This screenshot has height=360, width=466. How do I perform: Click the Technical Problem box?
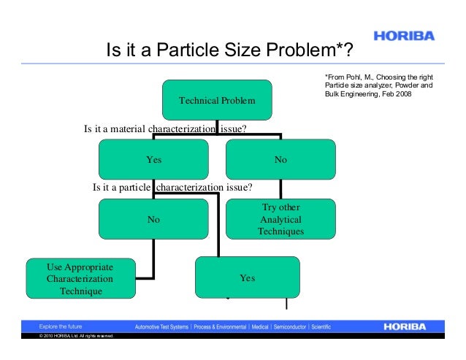(217, 99)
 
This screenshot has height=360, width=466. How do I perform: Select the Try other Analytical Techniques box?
(280, 219)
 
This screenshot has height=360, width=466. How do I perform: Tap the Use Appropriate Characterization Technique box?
(80, 278)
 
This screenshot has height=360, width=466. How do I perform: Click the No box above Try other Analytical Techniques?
(280, 159)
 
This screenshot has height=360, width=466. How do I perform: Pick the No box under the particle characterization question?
(153, 218)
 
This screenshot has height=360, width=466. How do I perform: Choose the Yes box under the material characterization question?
(153, 159)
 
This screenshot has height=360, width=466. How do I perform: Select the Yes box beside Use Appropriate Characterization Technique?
(247, 278)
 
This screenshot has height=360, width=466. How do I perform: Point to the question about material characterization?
(164, 130)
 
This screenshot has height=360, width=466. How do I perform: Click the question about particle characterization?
(172, 188)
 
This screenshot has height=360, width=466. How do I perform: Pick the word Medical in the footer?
(261, 326)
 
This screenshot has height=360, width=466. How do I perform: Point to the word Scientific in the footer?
(326, 326)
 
